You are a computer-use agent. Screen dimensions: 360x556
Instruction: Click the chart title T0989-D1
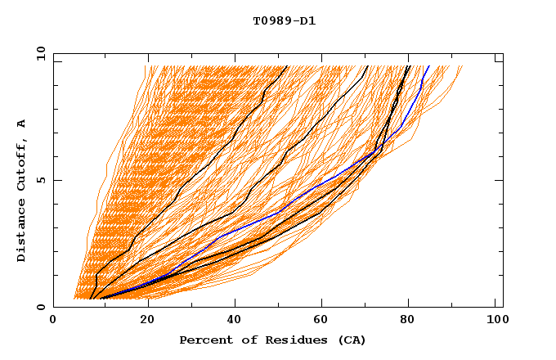coord(284,21)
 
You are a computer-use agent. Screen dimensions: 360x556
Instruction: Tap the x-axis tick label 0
coord(53,322)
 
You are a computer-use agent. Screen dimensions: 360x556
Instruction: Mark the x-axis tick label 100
coord(495,322)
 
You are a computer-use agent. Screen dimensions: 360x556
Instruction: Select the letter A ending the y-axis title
coord(22,123)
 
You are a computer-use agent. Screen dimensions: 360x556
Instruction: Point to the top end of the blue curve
coord(429,66)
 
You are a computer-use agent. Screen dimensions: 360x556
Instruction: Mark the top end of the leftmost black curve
coord(288,66)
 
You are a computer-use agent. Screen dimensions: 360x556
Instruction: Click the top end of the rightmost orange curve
coord(462,66)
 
